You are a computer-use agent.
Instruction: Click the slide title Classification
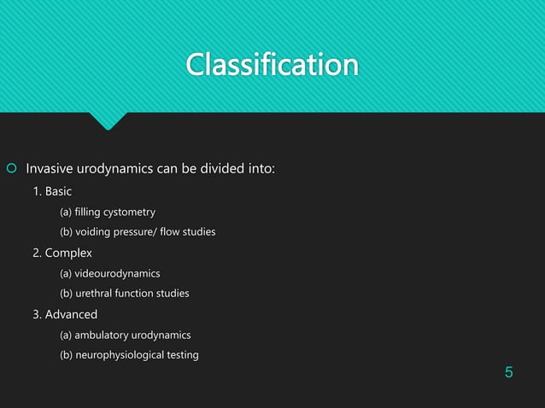tap(272, 65)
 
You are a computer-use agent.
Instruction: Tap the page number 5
tap(509, 372)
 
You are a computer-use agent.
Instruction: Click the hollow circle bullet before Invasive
tap(10, 167)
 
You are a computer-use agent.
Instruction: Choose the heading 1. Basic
tap(53, 190)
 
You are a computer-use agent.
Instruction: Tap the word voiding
tap(93, 232)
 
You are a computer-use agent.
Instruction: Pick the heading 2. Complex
tap(62, 253)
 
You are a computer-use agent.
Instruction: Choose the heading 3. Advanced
tap(65, 314)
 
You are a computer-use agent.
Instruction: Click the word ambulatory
tap(105, 335)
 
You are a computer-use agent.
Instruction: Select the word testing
tap(181, 355)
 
